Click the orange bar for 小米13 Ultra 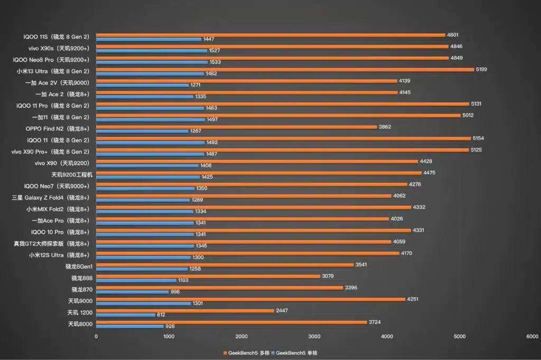pyautogui.click(x=285, y=69)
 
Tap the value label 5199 pyautogui.click(x=482, y=69)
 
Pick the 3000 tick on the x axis pyautogui.click(x=314, y=336)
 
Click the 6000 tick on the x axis pyautogui.click(x=532, y=336)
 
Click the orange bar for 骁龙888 pyautogui.click(x=208, y=276)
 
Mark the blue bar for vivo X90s pyautogui.click(x=152, y=51)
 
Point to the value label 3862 pyautogui.click(x=385, y=127)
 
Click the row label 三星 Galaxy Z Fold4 pyautogui.click(x=51, y=197)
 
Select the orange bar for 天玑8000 pyautogui.click(x=231, y=322)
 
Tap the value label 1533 pyautogui.click(x=216, y=62)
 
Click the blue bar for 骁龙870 pyautogui.click(x=133, y=292)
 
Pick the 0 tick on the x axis pyautogui.click(x=96, y=336)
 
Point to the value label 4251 pyautogui.click(x=413, y=299)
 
